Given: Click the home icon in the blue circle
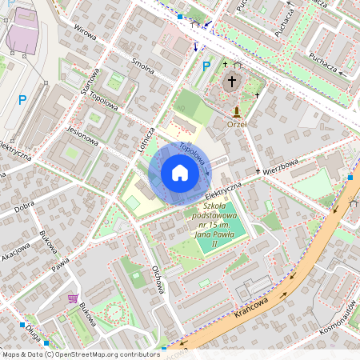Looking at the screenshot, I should coord(179,173).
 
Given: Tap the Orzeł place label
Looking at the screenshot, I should coord(236,124).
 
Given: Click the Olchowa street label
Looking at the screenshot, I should coord(158,280).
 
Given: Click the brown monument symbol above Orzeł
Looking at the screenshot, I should coord(237,110).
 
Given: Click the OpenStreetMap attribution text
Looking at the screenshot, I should coord(80,354).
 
